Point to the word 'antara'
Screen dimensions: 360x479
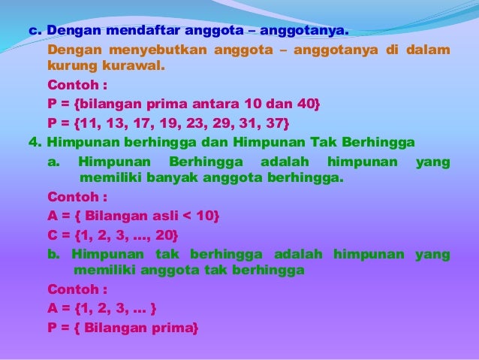pyautogui.click(x=220, y=103)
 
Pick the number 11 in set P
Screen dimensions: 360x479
pyautogui.click(x=93, y=122)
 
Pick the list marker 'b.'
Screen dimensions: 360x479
pyautogui.click(x=53, y=254)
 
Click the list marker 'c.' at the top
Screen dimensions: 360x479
pyautogui.click(x=35, y=32)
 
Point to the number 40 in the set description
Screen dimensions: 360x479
pyautogui.click(x=307, y=103)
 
